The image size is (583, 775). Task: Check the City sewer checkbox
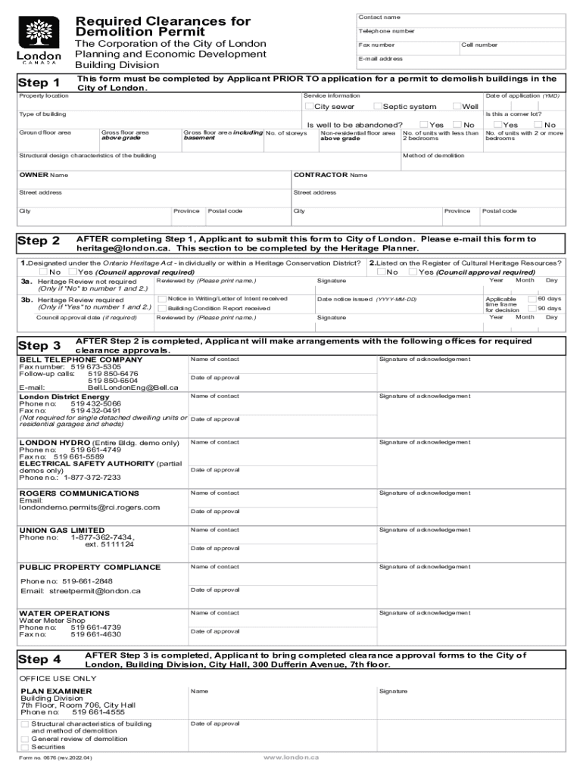point(309,107)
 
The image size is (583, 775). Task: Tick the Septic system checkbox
point(378,107)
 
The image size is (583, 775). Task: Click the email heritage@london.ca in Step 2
point(125,248)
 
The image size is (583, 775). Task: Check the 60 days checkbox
point(532,299)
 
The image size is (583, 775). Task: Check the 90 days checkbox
point(532,309)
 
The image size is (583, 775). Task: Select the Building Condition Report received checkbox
point(162,309)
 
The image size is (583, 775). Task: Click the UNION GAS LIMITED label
point(62,531)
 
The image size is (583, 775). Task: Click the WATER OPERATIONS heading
point(64,613)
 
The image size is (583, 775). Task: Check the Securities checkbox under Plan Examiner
point(25,747)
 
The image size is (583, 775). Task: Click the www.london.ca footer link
point(291,758)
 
